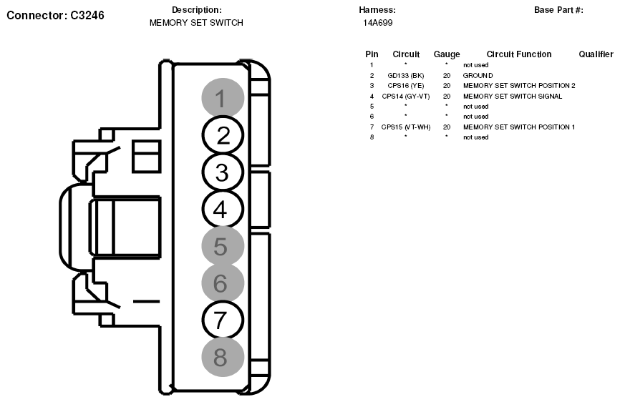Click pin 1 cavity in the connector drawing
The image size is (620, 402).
pyautogui.click(x=221, y=98)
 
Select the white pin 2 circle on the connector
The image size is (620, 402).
pyautogui.click(x=223, y=135)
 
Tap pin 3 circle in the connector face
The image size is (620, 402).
pyautogui.click(x=223, y=172)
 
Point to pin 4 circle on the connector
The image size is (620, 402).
pyautogui.click(x=223, y=210)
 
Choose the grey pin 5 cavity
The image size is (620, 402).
pyautogui.click(x=221, y=247)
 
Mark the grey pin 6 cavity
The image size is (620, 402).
pyautogui.click(x=221, y=284)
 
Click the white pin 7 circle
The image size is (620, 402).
pyautogui.click(x=223, y=320)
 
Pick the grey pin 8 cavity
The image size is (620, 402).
pyautogui.click(x=221, y=357)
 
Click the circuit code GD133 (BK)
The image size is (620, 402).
pyautogui.click(x=406, y=75)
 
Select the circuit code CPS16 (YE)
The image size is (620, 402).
pyautogui.click(x=406, y=86)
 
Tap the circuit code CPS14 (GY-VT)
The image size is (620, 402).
pyautogui.click(x=406, y=96)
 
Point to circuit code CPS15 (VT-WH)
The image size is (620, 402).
pyautogui.click(x=406, y=127)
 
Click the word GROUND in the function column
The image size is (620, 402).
pyautogui.click(x=478, y=75)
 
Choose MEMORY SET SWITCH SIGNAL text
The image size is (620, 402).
pyautogui.click(x=513, y=96)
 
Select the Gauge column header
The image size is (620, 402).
pyautogui.click(x=447, y=54)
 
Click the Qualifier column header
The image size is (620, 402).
pyautogui.click(x=596, y=54)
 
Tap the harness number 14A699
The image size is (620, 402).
pyautogui.click(x=377, y=23)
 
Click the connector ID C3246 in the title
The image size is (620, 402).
pyautogui.click(x=87, y=14)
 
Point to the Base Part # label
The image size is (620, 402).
pyautogui.click(x=558, y=10)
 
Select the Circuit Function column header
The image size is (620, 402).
pyautogui.click(x=519, y=54)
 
